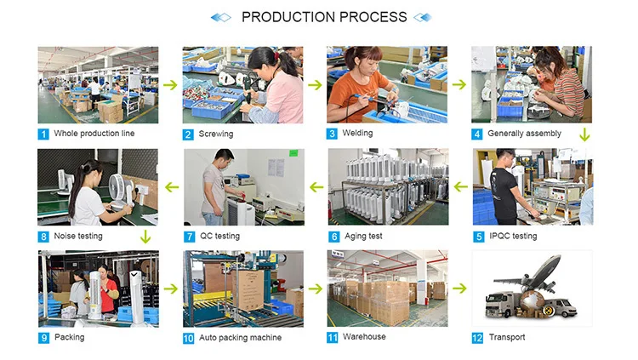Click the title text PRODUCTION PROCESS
[323, 17]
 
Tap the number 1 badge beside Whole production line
[43, 134]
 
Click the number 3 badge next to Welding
[333, 134]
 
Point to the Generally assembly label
[524, 134]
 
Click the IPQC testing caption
[512, 236]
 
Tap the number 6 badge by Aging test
[334, 236]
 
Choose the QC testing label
[219, 236]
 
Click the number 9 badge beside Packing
[43, 338]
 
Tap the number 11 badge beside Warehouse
[333, 338]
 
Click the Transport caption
[507, 338]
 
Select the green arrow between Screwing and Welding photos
[315, 85]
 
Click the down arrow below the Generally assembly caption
[584, 135]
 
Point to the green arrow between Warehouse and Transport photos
[459, 289]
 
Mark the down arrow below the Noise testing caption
[145, 237]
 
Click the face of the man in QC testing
[225, 160]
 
